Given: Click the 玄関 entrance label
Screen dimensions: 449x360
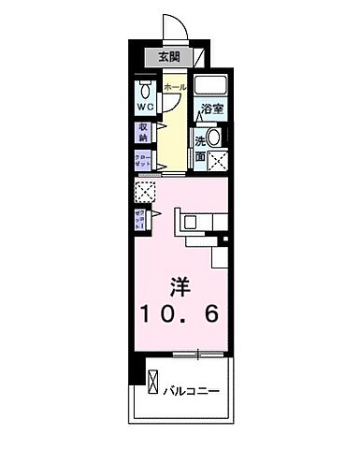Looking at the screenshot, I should [170, 57].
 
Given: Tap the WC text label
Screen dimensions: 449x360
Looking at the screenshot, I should [145, 106].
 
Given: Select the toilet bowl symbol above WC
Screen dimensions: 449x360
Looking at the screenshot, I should [145, 90].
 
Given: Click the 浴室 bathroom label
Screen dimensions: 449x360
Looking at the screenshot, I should [211, 109].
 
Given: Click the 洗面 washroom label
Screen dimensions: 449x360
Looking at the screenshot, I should [200, 147].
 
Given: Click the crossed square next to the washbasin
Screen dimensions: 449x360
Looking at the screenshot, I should [220, 160].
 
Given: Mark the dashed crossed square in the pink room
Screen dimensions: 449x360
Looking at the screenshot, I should [144, 191].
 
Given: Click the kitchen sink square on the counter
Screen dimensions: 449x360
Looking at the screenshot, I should [186, 223].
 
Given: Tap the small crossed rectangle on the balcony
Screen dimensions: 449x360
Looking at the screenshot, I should [151, 381].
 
